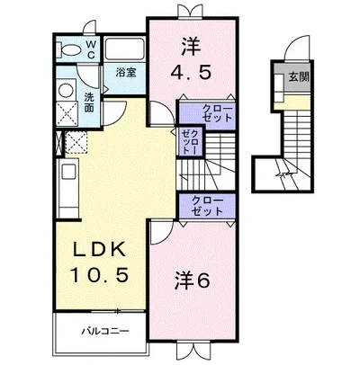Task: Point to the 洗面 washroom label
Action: (x=90, y=102)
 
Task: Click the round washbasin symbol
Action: (x=65, y=90)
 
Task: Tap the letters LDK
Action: (x=94, y=247)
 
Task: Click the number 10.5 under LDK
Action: (x=94, y=272)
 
